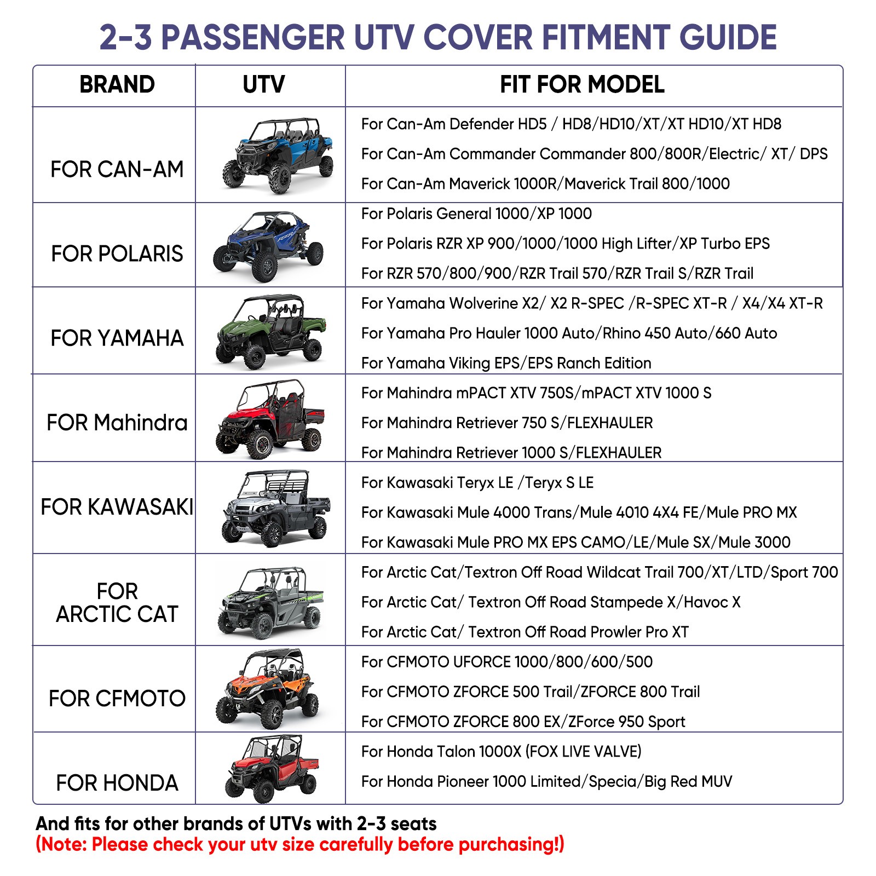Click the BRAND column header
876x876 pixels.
click(117, 85)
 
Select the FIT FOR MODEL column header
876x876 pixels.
click(581, 85)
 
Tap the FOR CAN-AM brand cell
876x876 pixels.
click(117, 169)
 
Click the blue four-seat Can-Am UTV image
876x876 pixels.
click(278, 155)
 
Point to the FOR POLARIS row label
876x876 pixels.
click(117, 253)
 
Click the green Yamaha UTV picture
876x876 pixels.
click(270, 331)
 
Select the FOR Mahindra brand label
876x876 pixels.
click(117, 423)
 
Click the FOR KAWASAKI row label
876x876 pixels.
click(117, 507)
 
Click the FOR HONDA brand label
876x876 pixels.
click(117, 783)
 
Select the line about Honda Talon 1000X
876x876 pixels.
click(501, 751)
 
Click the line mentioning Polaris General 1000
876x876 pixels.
click(476, 214)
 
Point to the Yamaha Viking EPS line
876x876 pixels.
click(506, 363)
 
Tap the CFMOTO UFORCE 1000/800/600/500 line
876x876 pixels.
click(506, 661)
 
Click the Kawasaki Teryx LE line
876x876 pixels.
click(477, 482)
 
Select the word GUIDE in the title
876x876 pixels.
click(728, 37)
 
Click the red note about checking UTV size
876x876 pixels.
click(299, 844)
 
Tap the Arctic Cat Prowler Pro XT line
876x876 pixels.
click(525, 632)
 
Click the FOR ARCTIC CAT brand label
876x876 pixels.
click(117, 602)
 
